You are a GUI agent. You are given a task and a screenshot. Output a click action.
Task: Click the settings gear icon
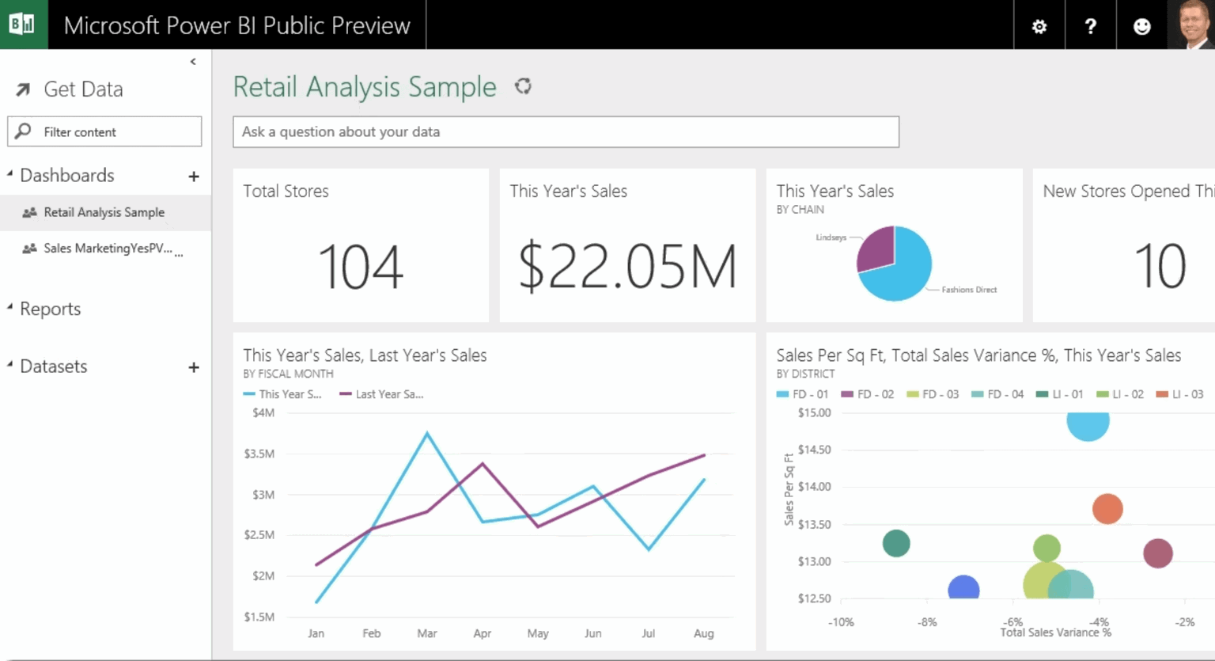click(1039, 26)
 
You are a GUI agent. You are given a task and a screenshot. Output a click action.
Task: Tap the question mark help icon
click(1090, 26)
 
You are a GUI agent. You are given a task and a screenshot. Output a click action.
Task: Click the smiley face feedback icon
click(1141, 26)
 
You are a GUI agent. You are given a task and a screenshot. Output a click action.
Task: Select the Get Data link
click(82, 89)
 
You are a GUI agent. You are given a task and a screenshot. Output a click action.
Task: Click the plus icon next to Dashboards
click(194, 177)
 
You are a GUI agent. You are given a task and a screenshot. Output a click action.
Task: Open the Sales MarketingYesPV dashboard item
click(107, 249)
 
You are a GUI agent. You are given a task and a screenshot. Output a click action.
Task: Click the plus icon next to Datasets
click(194, 367)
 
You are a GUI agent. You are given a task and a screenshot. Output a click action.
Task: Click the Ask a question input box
click(566, 132)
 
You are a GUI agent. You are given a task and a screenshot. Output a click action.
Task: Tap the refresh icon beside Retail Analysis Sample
click(523, 86)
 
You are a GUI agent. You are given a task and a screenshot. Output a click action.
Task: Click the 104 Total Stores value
click(361, 267)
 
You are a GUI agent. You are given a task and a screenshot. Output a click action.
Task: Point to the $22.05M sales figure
click(627, 267)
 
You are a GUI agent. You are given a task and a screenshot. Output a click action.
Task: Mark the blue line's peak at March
click(427, 433)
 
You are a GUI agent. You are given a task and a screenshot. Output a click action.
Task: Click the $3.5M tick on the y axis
click(259, 454)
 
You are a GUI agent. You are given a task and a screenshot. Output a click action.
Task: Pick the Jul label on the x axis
click(648, 633)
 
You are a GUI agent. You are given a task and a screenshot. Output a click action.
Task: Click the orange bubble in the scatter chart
click(1107, 508)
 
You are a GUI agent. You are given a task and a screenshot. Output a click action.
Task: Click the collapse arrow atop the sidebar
click(193, 62)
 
